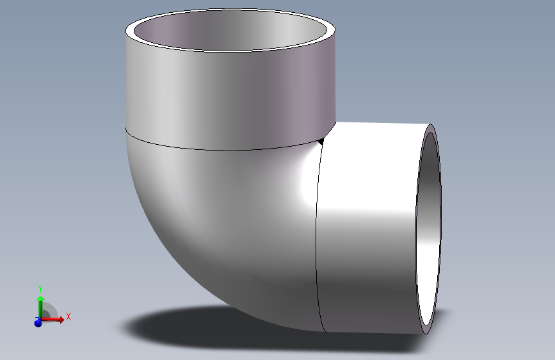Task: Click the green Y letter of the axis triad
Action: (x=40, y=288)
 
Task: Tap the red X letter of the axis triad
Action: (x=68, y=316)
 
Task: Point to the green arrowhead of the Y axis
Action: (x=40, y=299)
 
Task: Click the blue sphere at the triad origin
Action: (x=38, y=323)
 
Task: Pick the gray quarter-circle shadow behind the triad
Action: (x=50, y=312)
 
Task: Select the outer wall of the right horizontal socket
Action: (x=371, y=256)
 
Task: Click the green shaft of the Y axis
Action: (x=40, y=309)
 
